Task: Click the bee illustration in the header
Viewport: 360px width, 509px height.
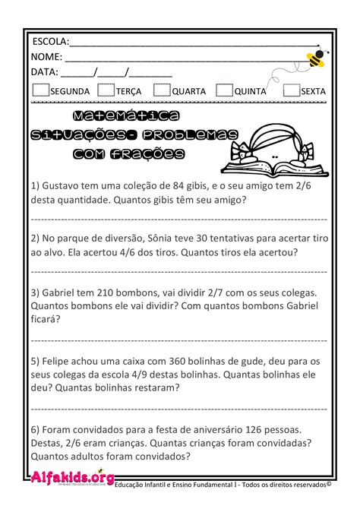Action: [314, 58]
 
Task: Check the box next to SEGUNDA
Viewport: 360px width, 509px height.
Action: [41, 90]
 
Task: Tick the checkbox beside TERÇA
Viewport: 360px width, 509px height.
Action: [107, 90]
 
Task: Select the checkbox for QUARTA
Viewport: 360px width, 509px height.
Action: [161, 90]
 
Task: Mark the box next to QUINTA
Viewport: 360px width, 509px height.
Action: [223, 90]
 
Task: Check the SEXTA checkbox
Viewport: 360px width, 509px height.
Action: [290, 90]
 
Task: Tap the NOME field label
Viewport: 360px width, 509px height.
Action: [46, 57]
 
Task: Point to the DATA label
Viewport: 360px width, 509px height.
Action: [44, 73]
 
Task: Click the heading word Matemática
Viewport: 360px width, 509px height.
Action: [127, 116]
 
